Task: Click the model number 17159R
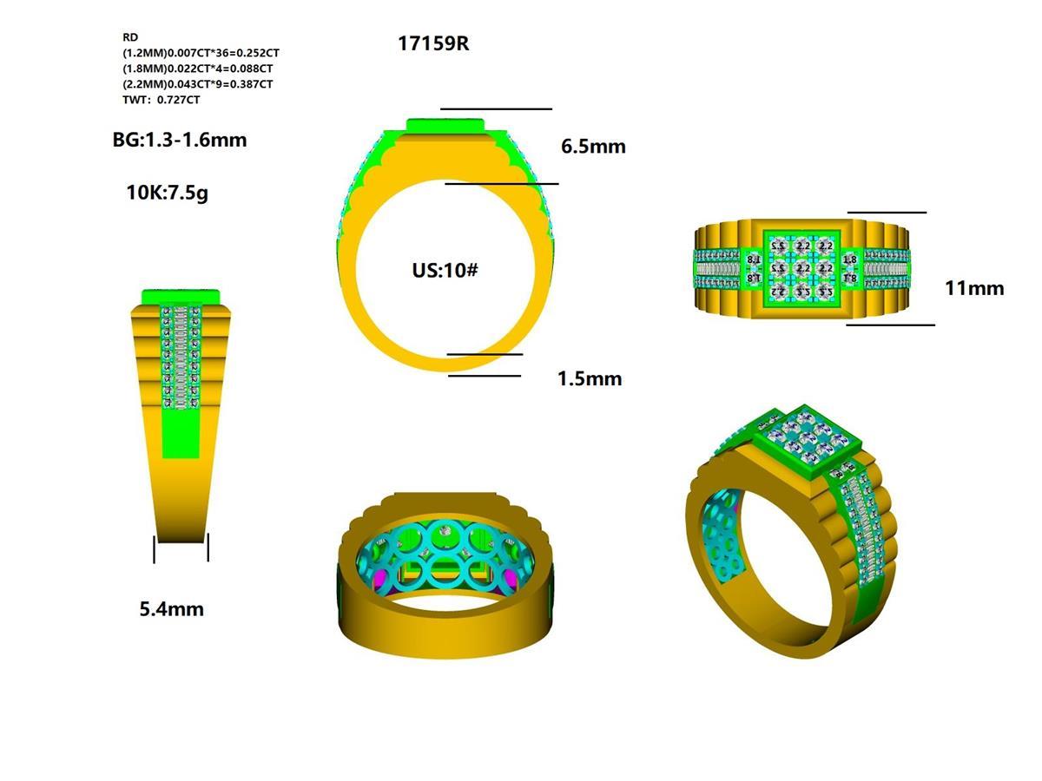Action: [x=433, y=43]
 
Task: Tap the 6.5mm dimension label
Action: [x=593, y=147]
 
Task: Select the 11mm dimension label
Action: [x=974, y=288]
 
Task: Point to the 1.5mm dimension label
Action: [x=590, y=379]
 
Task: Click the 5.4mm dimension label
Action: [x=172, y=609]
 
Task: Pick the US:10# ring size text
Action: [x=445, y=270]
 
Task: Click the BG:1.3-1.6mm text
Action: [x=180, y=140]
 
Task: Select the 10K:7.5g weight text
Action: [x=168, y=194]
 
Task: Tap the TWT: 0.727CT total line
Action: [x=162, y=100]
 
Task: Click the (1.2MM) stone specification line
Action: [x=201, y=53]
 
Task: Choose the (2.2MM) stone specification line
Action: [x=198, y=84]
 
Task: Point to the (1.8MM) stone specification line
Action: [x=198, y=69]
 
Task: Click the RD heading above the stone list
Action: [x=130, y=37]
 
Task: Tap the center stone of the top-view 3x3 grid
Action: [x=802, y=269]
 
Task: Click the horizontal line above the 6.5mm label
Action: [x=496, y=109]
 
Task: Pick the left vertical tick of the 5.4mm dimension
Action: [x=155, y=548]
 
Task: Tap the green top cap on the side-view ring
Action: [x=181, y=296]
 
